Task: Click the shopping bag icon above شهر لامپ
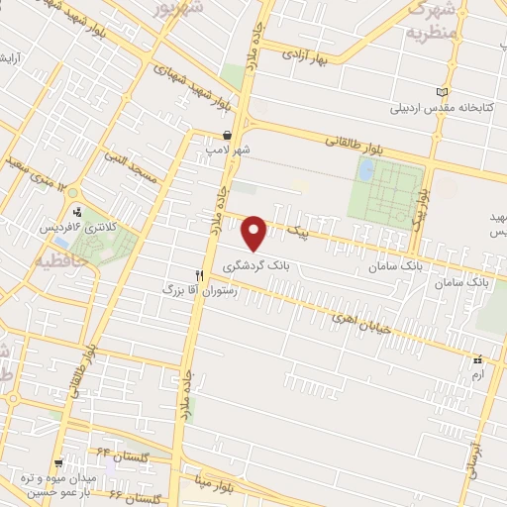click(x=228, y=135)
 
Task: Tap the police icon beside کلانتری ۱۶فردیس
click(x=77, y=211)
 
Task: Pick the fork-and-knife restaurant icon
click(x=200, y=275)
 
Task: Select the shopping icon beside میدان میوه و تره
click(x=60, y=462)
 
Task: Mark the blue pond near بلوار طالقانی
click(x=365, y=170)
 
